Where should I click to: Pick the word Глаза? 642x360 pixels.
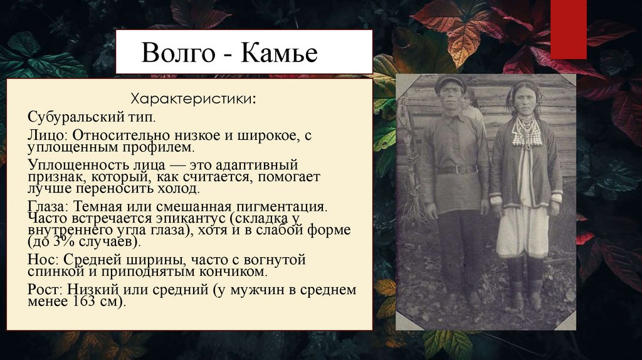49,205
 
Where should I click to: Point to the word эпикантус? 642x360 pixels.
185,217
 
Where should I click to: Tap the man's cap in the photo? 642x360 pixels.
450,82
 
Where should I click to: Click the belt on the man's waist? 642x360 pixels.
456,169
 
